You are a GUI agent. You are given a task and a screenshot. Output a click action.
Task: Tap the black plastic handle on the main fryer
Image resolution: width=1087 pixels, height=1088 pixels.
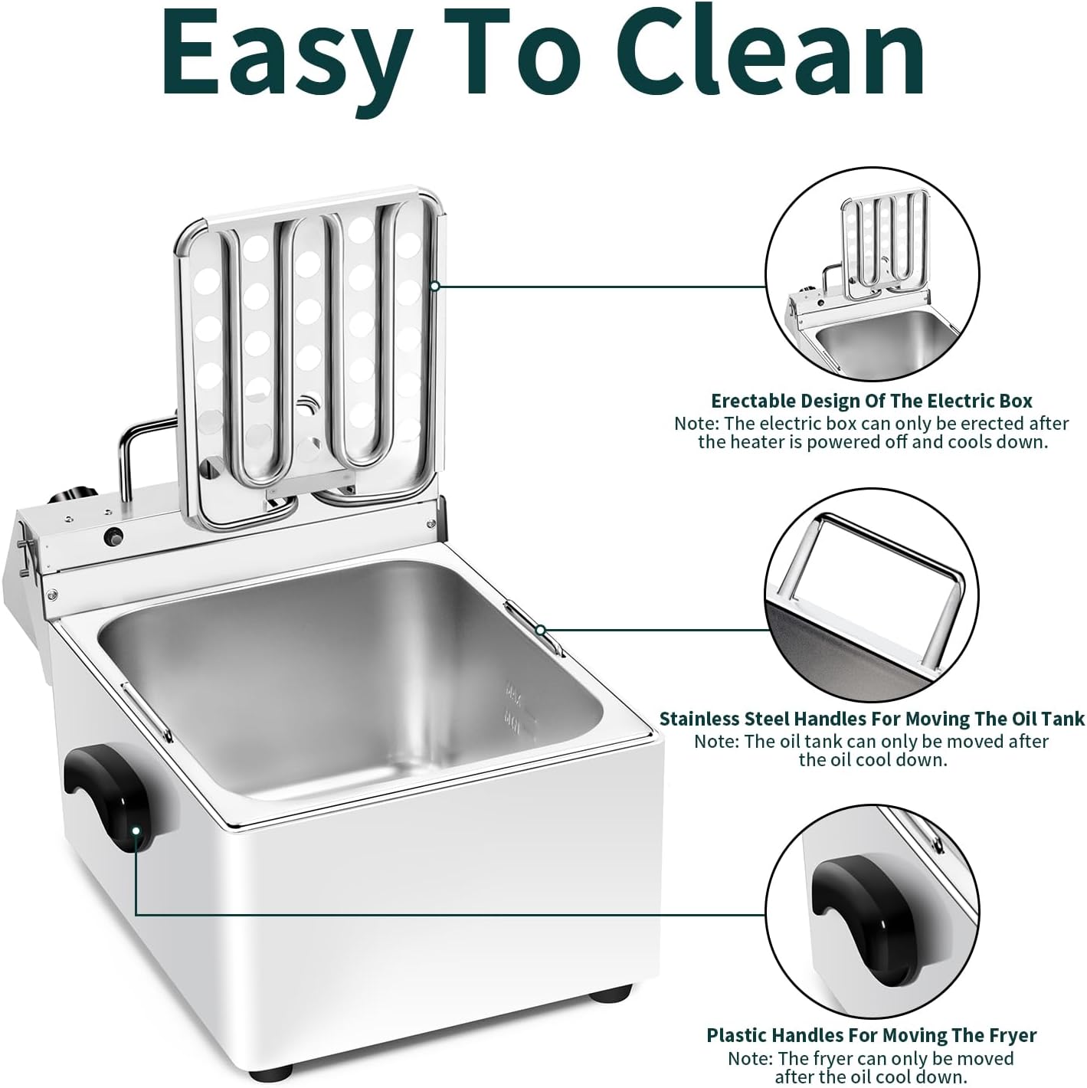[109, 797]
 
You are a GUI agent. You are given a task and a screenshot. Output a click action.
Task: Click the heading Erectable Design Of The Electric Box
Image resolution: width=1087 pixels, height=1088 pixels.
[871, 401]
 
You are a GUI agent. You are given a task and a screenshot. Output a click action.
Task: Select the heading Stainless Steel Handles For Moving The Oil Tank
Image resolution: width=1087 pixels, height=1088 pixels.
[872, 719]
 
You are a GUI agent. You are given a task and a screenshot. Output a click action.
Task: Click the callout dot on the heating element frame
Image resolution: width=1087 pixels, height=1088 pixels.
[435, 287]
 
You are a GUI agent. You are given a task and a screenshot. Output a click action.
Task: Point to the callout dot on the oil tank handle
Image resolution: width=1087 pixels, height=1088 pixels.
[540, 630]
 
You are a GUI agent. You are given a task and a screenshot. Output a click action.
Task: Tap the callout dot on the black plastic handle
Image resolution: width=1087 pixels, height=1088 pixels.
[136, 831]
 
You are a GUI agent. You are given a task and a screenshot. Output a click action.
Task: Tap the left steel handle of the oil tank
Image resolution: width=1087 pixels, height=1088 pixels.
[147, 712]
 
